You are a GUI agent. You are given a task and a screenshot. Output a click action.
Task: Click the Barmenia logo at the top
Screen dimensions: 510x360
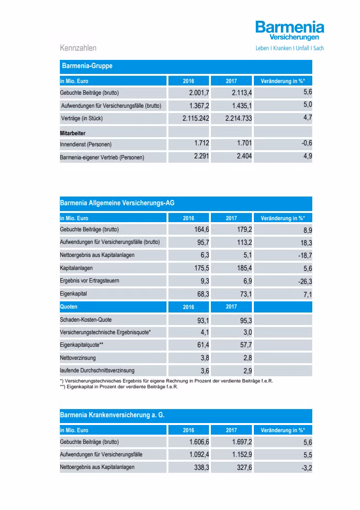290,30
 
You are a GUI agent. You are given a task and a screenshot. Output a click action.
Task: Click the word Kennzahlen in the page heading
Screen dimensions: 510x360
78,48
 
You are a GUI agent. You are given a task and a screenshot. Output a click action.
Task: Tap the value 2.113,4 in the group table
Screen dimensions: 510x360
242,92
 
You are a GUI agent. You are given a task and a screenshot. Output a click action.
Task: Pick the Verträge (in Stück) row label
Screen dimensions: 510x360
82,118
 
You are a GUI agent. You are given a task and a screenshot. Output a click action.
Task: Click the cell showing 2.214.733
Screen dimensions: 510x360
238,118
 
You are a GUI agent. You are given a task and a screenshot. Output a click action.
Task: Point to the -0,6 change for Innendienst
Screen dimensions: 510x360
306,143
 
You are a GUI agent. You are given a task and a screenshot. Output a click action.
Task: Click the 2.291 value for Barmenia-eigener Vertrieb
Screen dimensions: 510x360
200,156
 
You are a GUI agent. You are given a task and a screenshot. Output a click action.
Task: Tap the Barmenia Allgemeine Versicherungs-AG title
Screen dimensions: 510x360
117,203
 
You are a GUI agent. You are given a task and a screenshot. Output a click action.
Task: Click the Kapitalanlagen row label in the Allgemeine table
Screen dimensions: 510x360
76,268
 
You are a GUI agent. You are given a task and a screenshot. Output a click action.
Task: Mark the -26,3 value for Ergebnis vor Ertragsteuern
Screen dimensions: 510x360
305,281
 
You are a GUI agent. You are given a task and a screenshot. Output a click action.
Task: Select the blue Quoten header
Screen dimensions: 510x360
69,307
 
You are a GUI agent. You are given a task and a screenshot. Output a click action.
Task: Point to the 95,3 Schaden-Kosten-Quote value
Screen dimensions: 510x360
244,320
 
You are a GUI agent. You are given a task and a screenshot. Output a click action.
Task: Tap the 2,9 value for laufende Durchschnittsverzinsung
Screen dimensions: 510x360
246,370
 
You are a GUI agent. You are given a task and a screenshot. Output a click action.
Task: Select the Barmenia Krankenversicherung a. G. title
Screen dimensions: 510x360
112,415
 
